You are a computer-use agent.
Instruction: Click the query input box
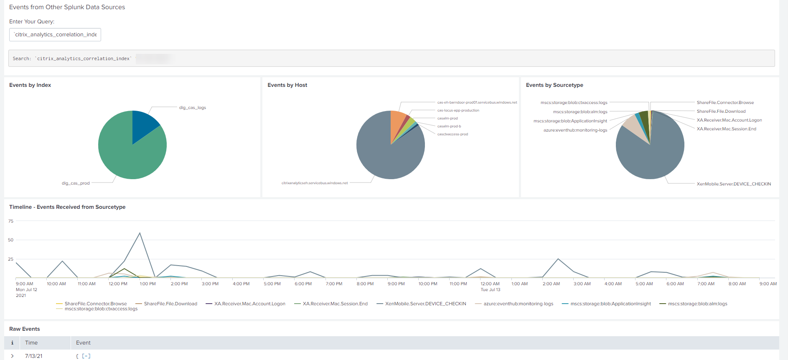[x=55, y=35]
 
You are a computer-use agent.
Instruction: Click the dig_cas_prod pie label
[x=76, y=183]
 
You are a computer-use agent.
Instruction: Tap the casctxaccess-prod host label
[x=452, y=134]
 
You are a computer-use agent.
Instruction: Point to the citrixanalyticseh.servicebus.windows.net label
[x=315, y=183]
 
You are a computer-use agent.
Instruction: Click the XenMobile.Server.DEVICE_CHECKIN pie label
[x=734, y=184]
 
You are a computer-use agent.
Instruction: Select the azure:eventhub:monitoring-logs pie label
[x=575, y=130]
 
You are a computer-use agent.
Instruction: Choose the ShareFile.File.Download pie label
[x=721, y=111]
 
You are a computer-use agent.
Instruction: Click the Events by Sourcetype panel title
[x=554, y=85]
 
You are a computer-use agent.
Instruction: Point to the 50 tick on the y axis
[x=11, y=240]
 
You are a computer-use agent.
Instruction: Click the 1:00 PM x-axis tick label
[x=147, y=284]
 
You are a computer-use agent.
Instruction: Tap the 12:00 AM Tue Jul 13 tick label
[x=490, y=286]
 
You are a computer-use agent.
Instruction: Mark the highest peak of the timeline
[x=140, y=233]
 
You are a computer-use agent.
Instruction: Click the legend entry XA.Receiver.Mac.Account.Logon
[x=249, y=304]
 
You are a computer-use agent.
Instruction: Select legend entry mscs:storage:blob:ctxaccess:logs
[x=101, y=309]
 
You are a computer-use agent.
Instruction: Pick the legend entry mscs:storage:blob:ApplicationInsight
[x=610, y=304]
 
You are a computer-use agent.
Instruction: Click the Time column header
[x=31, y=343]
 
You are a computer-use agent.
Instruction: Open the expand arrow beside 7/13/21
[x=13, y=356]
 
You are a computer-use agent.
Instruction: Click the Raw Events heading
[x=25, y=329]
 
